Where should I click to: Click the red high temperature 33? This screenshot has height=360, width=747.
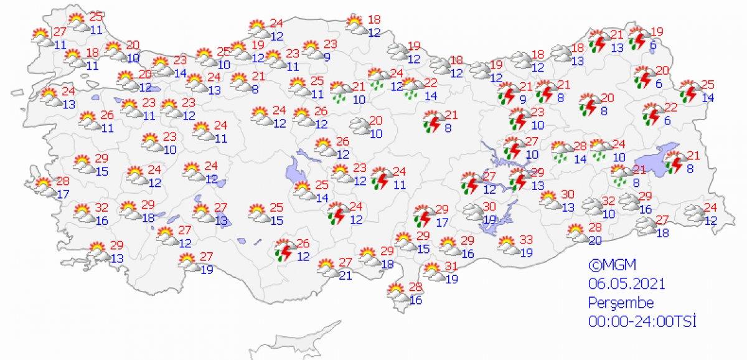click(x=525, y=240)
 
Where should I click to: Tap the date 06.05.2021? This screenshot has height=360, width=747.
click(x=627, y=283)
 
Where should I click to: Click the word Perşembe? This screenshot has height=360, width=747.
click(x=621, y=303)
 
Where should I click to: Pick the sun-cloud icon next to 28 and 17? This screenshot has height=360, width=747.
click(x=45, y=186)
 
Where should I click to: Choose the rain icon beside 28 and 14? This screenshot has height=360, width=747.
click(x=562, y=151)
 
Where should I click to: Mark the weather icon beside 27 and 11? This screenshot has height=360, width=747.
click(x=42, y=37)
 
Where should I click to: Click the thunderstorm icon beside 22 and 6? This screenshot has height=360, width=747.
click(x=652, y=113)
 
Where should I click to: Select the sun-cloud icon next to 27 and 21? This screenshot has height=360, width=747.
click(x=327, y=267)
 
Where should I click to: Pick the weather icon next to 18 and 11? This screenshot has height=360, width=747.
click(x=75, y=58)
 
